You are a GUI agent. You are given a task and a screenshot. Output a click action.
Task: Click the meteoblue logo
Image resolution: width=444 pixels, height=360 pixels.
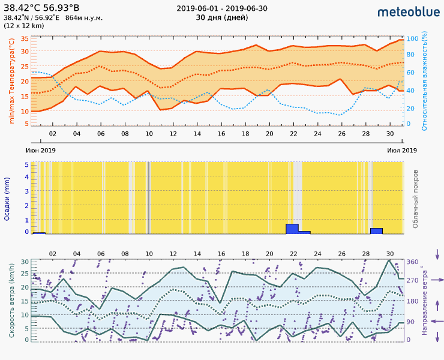(x=407, y=11)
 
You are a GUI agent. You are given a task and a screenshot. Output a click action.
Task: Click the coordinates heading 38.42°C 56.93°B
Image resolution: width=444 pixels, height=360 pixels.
(x=41, y=8)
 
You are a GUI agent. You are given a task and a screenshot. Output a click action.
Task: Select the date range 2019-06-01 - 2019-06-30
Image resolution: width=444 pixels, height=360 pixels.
(x=222, y=8)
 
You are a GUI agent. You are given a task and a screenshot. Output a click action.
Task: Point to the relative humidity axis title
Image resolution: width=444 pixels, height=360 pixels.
(x=424, y=82)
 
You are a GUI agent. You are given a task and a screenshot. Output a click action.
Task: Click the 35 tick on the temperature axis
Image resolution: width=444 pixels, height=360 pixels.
(x=25, y=39)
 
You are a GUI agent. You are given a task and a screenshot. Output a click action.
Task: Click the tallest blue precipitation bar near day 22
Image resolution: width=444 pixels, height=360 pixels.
(x=292, y=229)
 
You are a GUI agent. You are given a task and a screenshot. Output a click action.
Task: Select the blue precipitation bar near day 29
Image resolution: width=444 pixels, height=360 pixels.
(x=376, y=230)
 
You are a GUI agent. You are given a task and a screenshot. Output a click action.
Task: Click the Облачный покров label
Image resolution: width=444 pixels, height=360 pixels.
(x=415, y=198)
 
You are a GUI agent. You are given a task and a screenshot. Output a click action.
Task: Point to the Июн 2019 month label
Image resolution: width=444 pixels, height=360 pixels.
(x=41, y=150)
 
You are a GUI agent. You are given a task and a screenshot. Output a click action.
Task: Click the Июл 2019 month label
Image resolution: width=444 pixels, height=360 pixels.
(x=402, y=150)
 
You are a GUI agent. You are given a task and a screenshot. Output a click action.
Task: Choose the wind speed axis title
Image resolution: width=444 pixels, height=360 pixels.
(x=12, y=300)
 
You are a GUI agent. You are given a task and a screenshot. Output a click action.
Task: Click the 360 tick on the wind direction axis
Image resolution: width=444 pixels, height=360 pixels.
(x=413, y=262)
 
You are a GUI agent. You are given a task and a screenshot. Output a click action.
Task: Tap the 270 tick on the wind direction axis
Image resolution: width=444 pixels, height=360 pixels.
(x=413, y=281)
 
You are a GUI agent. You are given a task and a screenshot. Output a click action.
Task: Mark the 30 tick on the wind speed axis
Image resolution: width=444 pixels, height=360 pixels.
(x=25, y=262)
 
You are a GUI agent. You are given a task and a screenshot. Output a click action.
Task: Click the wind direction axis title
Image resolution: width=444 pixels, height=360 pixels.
(x=424, y=300)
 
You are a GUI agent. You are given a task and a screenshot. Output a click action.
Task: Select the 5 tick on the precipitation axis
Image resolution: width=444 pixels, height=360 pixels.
(x=26, y=164)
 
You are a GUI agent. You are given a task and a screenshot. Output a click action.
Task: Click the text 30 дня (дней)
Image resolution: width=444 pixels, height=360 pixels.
(x=222, y=17)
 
